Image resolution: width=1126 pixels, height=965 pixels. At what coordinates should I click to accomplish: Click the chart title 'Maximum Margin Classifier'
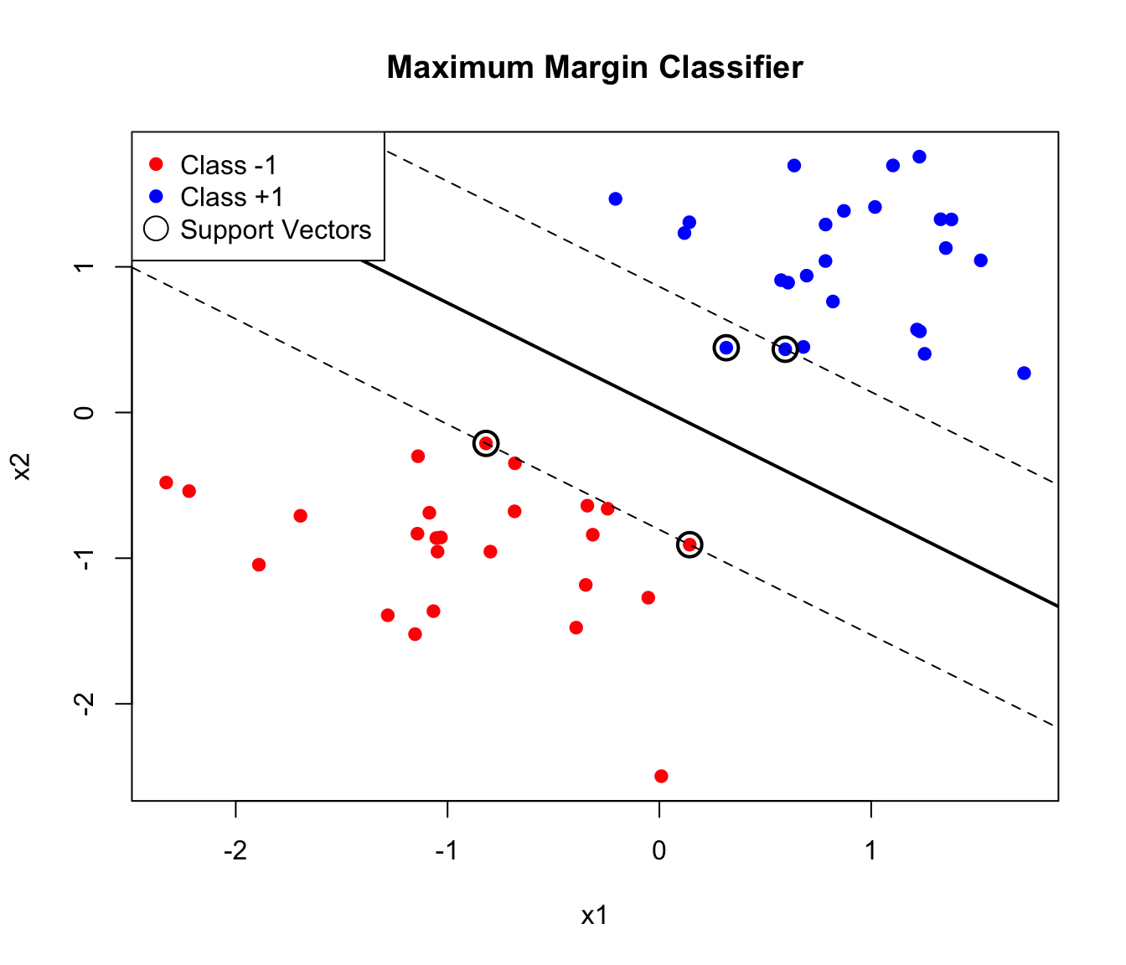(595, 68)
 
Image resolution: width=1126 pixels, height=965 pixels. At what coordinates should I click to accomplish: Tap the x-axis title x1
(594, 916)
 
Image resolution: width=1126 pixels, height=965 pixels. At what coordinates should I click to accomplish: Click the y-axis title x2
(23, 467)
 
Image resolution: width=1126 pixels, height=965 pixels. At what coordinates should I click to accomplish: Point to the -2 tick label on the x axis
(235, 852)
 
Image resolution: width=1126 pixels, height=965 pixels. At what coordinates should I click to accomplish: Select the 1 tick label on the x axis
(871, 852)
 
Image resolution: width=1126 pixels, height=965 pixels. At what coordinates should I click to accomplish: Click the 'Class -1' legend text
(229, 165)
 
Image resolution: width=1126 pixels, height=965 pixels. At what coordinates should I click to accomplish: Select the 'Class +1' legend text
(232, 197)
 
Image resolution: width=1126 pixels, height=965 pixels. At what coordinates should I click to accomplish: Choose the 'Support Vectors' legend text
(276, 230)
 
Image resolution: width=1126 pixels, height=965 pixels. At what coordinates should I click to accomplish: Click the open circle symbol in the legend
(157, 229)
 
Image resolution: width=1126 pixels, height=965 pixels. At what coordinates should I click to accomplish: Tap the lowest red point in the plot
(661, 776)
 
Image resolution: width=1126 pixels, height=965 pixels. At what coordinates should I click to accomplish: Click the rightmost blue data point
(1024, 373)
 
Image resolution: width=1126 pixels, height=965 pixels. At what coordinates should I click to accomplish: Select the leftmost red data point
(166, 482)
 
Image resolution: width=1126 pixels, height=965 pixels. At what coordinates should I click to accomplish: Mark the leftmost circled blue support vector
(726, 348)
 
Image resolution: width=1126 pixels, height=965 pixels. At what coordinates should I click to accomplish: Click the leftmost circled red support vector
(486, 443)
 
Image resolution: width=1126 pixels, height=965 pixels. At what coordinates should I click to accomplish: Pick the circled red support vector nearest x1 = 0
(690, 544)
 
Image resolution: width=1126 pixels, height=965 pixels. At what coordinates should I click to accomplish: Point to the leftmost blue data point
(616, 199)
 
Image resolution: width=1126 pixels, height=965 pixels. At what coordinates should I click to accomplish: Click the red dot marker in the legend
(156, 165)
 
